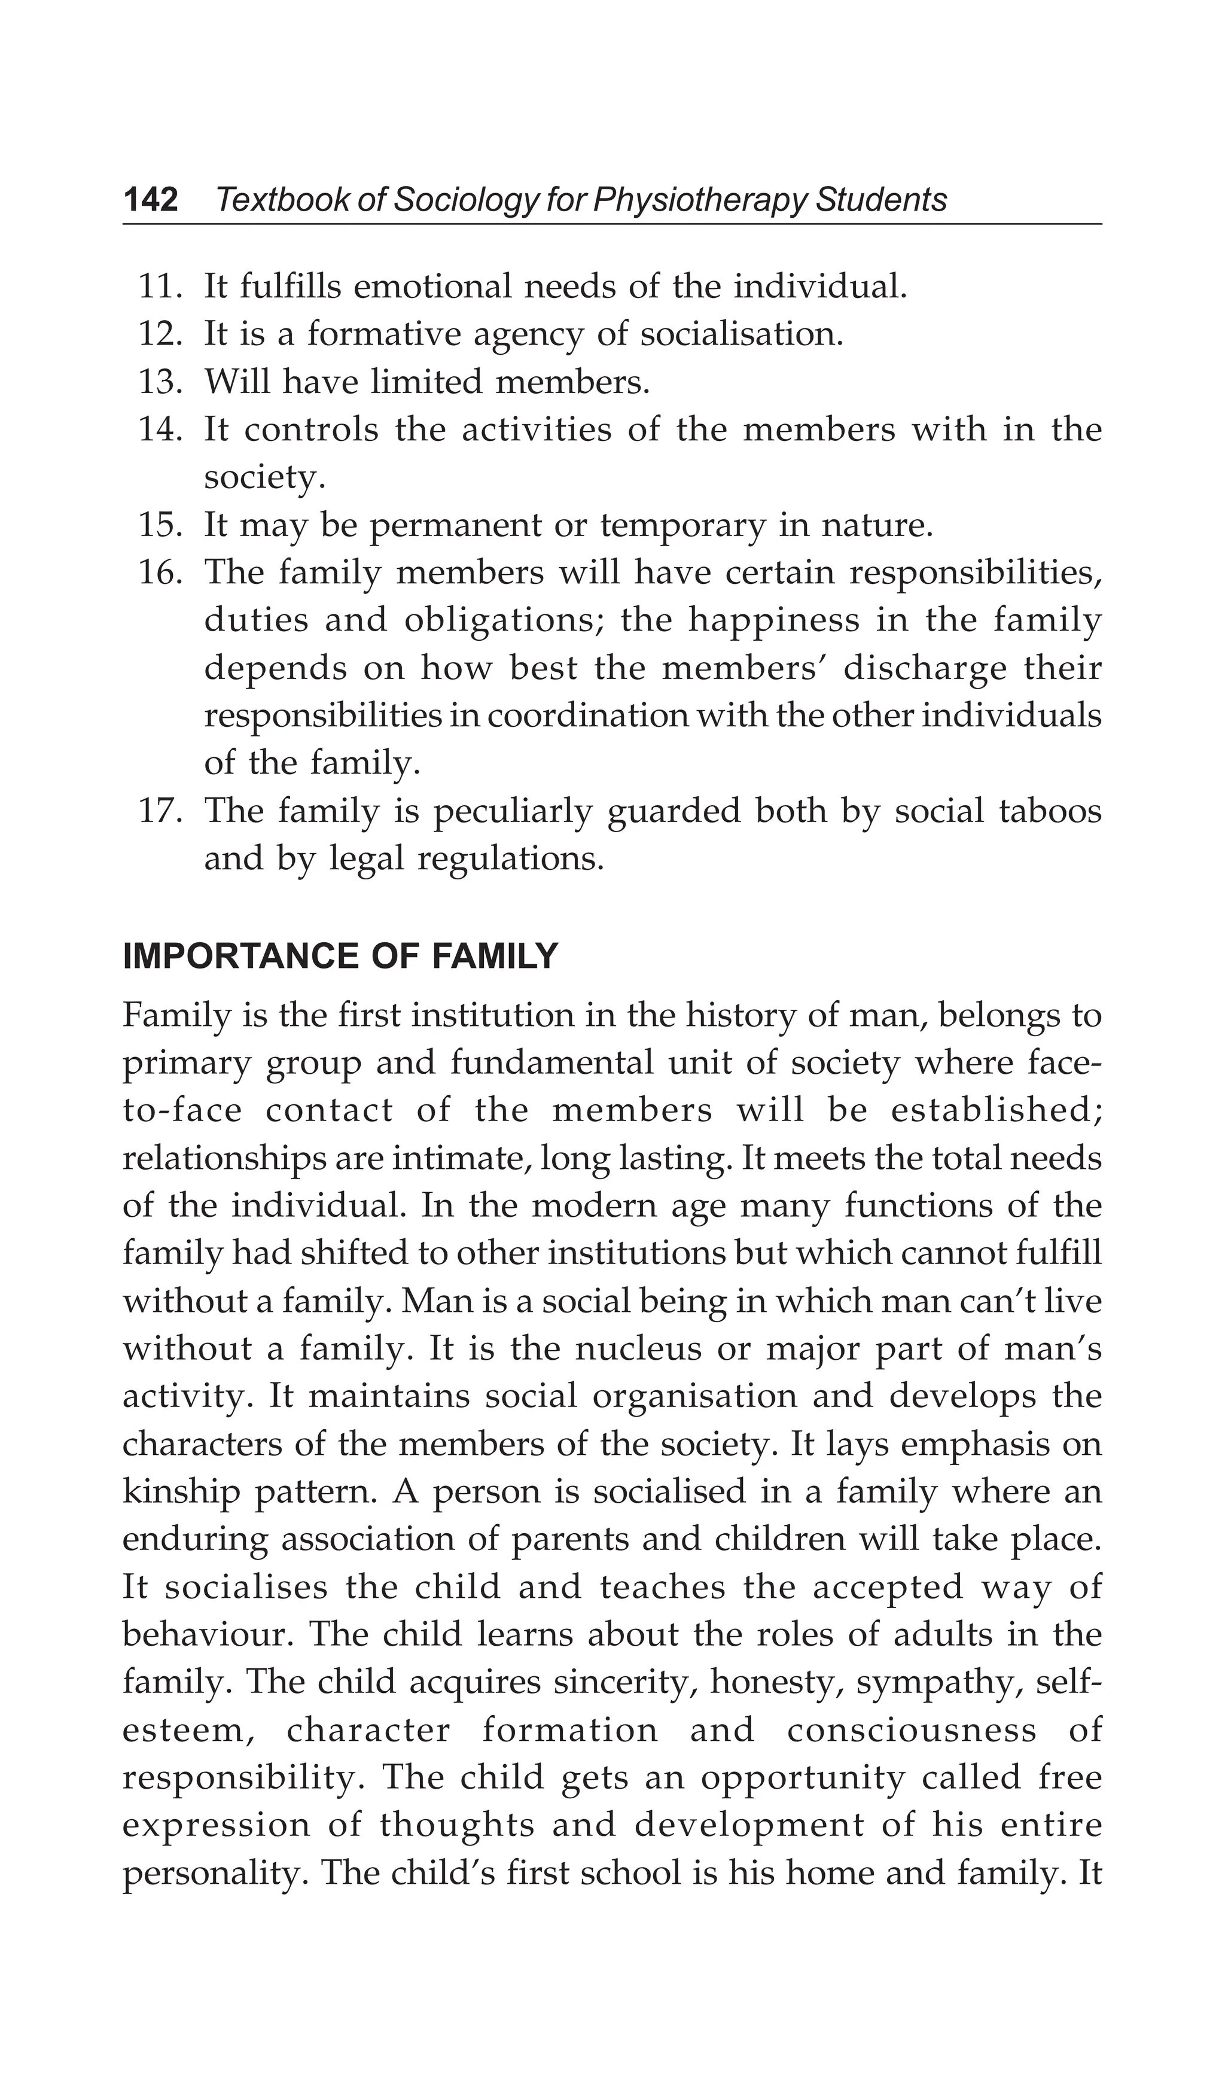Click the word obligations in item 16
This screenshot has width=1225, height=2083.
click(502, 621)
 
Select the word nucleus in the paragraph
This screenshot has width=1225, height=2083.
click(630, 1350)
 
